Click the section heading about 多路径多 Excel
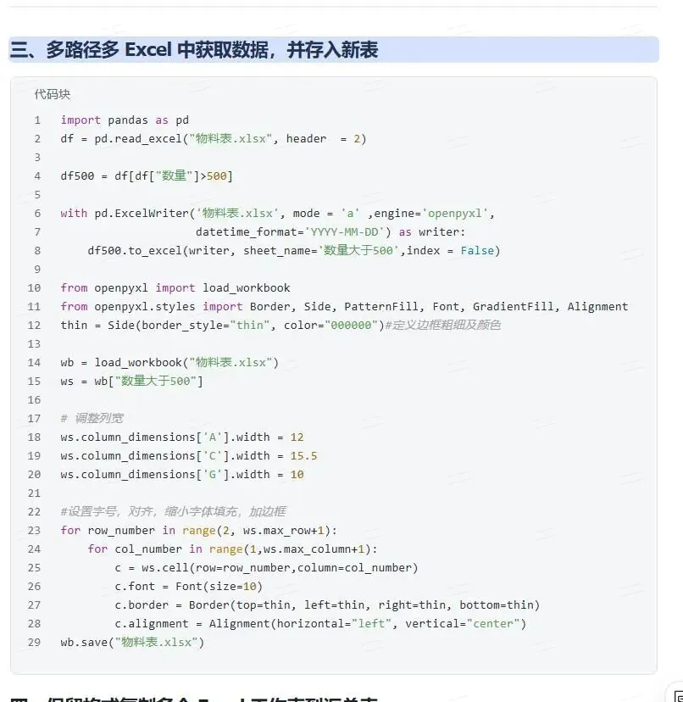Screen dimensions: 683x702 click(x=194, y=50)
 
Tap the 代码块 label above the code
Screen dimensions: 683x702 click(x=53, y=94)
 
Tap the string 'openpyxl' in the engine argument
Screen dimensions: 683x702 click(x=459, y=213)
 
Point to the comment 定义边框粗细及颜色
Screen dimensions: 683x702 click(x=442, y=325)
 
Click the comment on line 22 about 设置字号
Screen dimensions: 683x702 click(x=173, y=511)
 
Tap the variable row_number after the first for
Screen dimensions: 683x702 click(x=121, y=530)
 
